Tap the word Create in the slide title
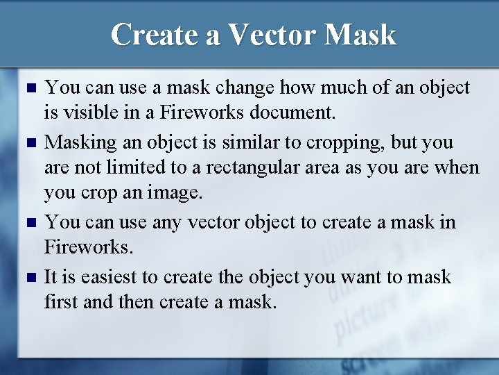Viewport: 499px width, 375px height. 155,34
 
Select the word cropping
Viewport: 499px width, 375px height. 325,142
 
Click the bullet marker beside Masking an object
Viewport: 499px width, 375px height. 28,143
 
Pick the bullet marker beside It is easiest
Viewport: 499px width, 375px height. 28,278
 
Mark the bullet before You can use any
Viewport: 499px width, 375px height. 28,223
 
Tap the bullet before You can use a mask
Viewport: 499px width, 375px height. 28,88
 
